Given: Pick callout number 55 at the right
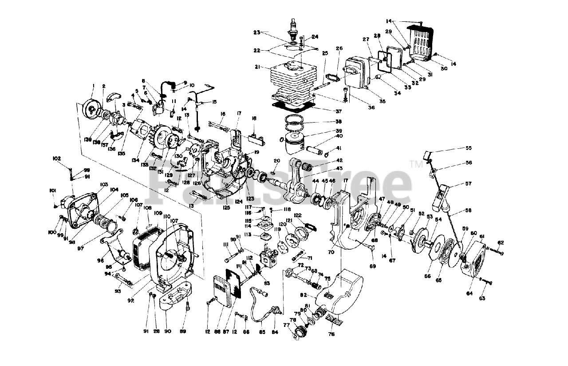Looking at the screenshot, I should [468, 148].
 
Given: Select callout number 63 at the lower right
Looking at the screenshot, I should [482, 298].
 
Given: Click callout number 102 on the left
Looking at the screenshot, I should [56, 158].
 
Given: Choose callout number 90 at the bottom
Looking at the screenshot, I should [168, 331].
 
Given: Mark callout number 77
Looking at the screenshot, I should [286, 325].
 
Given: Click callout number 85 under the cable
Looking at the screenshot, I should [262, 331].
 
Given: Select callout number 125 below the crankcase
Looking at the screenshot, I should [226, 207].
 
